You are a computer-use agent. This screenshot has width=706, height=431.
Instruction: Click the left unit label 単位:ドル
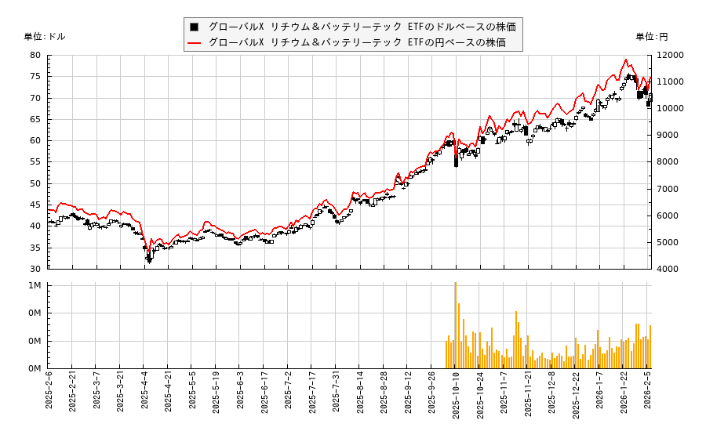tap(45, 37)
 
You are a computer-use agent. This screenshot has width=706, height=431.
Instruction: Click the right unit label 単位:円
tap(651, 37)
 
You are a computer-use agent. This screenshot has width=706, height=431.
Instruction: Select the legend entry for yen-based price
tap(357, 42)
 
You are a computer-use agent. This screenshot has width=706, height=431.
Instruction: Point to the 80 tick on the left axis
tap(36, 56)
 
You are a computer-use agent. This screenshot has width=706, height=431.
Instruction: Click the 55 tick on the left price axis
tap(36, 162)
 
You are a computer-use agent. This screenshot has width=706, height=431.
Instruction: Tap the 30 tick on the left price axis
tap(36, 269)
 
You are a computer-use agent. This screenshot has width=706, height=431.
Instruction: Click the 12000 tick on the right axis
tap(670, 56)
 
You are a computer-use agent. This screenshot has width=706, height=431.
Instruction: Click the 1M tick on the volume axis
tap(35, 286)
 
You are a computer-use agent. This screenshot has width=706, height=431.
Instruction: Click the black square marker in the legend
tap(194, 27)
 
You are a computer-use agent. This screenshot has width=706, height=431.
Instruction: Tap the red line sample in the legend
tap(194, 42)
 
